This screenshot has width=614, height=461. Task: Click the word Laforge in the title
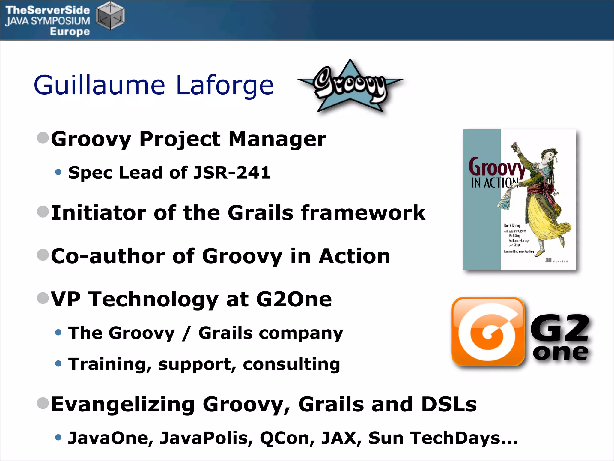point(225,85)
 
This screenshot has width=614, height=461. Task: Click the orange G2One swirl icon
point(488,332)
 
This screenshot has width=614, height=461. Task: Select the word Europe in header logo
point(70,31)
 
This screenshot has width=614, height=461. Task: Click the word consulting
point(291,364)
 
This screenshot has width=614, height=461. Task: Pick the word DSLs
point(449,404)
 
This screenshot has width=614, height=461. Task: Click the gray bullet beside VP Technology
point(43,298)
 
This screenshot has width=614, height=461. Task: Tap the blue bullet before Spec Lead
point(58,172)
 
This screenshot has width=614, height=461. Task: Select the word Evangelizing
point(123,404)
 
